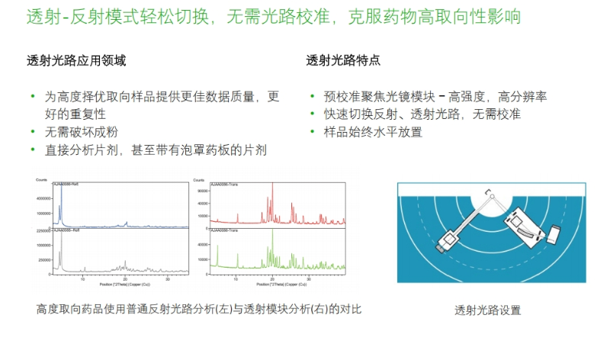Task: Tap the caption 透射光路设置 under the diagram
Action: tap(487, 310)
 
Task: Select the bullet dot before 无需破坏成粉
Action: tap(33, 131)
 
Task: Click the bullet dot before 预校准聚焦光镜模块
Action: tap(313, 97)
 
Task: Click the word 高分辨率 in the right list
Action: tap(522, 97)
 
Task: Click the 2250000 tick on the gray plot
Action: tap(43, 230)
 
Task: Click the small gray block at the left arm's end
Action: tap(445, 247)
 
